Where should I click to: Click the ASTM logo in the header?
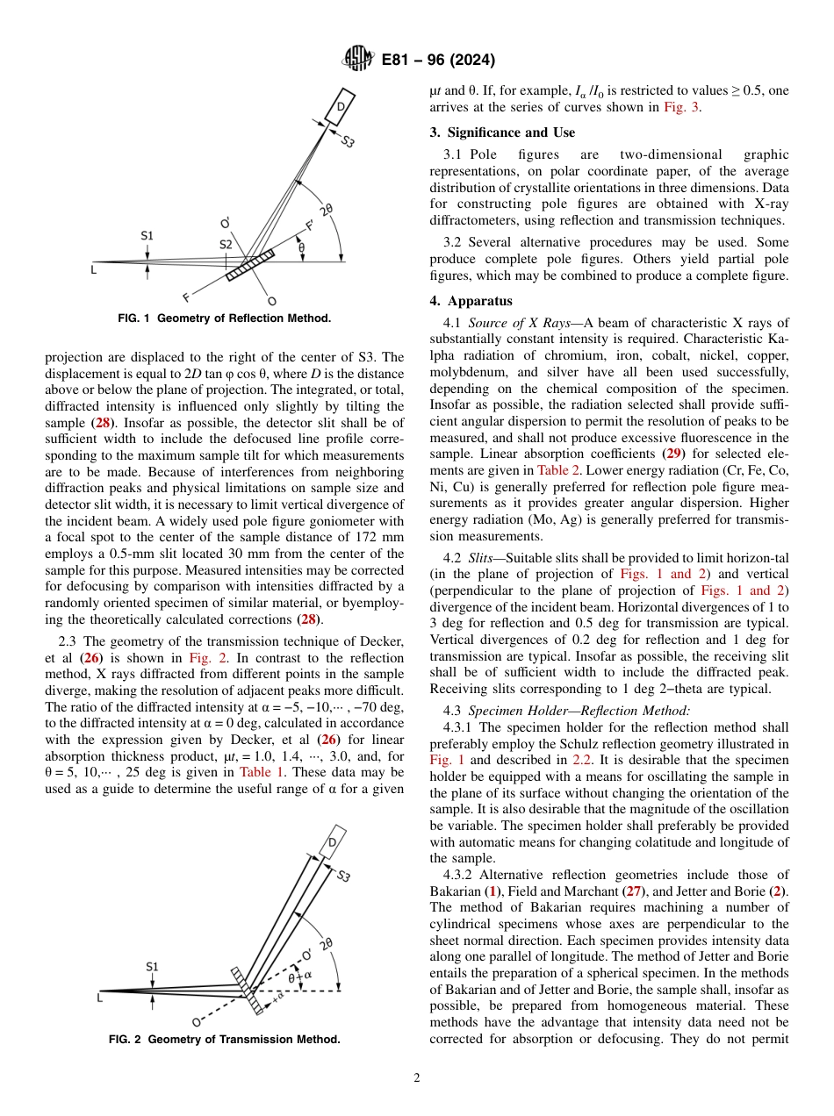(357, 61)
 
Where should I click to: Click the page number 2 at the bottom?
(416, 1077)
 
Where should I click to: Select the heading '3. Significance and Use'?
(502, 132)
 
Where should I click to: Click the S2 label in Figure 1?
(226, 244)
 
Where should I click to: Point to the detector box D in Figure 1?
(340, 106)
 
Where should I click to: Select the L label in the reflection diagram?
(94, 269)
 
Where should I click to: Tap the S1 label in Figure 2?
(153, 966)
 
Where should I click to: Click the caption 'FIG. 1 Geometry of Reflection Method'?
(225, 318)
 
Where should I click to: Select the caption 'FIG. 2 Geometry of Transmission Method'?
(225, 1040)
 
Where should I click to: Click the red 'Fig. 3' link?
(681, 107)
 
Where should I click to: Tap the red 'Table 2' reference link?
(561, 469)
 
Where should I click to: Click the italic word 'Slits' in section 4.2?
(482, 557)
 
